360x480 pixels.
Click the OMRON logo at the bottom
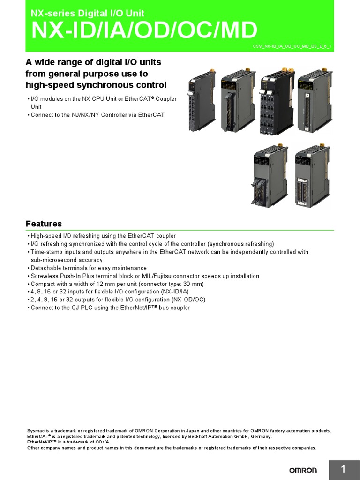tap(302, 470)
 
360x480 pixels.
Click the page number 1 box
tap(344, 469)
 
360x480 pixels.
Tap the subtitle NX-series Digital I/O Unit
tap(87, 13)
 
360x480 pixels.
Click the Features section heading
tap(44, 224)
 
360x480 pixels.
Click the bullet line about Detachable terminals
tap(89, 268)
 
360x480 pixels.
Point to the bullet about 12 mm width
tap(117, 284)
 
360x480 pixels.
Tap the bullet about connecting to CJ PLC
tap(110, 307)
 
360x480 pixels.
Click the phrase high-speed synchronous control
tap(96, 85)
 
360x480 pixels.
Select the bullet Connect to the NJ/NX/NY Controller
tap(97, 115)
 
